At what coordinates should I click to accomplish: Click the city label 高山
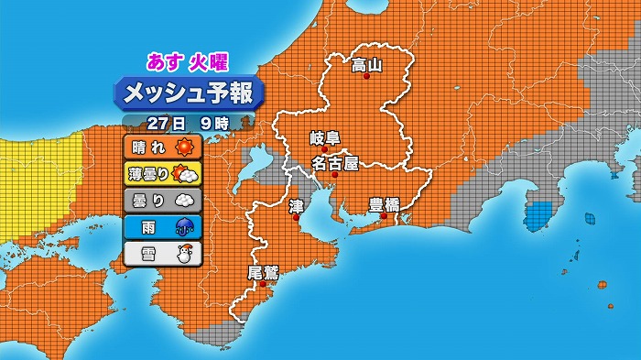pyautogui.click(x=366, y=64)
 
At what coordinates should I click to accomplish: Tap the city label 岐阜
pyautogui.click(x=325, y=138)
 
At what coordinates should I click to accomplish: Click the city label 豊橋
pyautogui.click(x=384, y=203)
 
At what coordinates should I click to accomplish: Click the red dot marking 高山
pyautogui.click(x=367, y=77)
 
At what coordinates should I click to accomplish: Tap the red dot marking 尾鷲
pyautogui.click(x=263, y=285)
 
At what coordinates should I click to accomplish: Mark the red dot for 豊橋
pyautogui.click(x=385, y=216)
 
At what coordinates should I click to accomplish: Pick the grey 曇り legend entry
pyautogui.click(x=161, y=200)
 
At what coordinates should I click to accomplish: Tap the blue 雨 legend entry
pyautogui.click(x=161, y=226)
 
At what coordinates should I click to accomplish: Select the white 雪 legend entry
pyautogui.click(x=161, y=253)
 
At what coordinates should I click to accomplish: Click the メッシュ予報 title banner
pyautogui.click(x=188, y=93)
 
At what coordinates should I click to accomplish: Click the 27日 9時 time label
pyautogui.click(x=187, y=122)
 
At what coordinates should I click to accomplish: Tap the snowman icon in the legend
pyautogui.click(x=185, y=254)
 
